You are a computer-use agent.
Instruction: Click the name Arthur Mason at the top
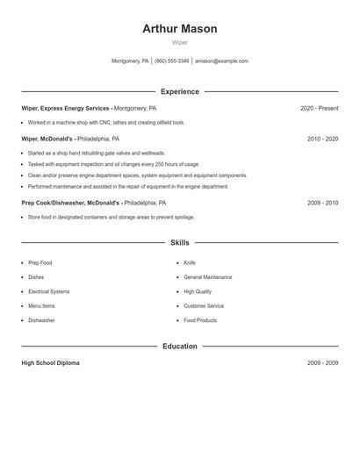point(180,29)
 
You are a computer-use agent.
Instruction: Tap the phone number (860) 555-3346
point(172,61)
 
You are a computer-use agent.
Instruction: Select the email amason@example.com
point(221,61)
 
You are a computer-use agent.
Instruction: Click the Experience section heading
point(180,91)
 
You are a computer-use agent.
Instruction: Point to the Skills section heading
point(180,242)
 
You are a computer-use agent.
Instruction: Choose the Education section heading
point(180,347)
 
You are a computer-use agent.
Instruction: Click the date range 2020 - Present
point(319,109)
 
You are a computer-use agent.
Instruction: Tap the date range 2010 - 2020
point(322,139)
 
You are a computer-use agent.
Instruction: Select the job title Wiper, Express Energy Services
point(66,109)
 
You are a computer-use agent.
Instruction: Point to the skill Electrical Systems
point(49,291)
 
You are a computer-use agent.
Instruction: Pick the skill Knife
point(190,263)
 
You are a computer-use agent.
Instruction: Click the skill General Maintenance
point(208,277)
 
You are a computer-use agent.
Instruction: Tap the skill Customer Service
point(204,306)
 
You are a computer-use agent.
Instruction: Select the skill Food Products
point(200,320)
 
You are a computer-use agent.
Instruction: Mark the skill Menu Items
point(41,306)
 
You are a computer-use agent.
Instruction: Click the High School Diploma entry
point(50,363)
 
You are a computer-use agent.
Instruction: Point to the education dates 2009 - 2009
point(322,363)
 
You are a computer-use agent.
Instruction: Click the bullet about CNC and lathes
point(105,123)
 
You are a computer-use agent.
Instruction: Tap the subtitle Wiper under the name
point(180,42)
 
